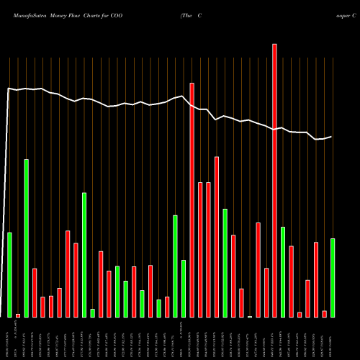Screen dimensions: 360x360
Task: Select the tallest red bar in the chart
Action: [274, 180]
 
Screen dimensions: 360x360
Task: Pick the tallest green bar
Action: [27, 238]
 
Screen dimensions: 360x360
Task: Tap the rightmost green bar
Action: [333, 277]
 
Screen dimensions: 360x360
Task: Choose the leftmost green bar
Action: [10, 274]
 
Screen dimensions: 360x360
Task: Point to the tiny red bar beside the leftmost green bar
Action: [18, 315]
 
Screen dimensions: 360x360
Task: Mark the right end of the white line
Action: [332, 136]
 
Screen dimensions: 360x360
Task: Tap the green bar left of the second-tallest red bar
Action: [184, 288]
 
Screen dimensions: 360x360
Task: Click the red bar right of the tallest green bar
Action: [35, 292]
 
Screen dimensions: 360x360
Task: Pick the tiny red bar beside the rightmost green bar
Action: [324, 313]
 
